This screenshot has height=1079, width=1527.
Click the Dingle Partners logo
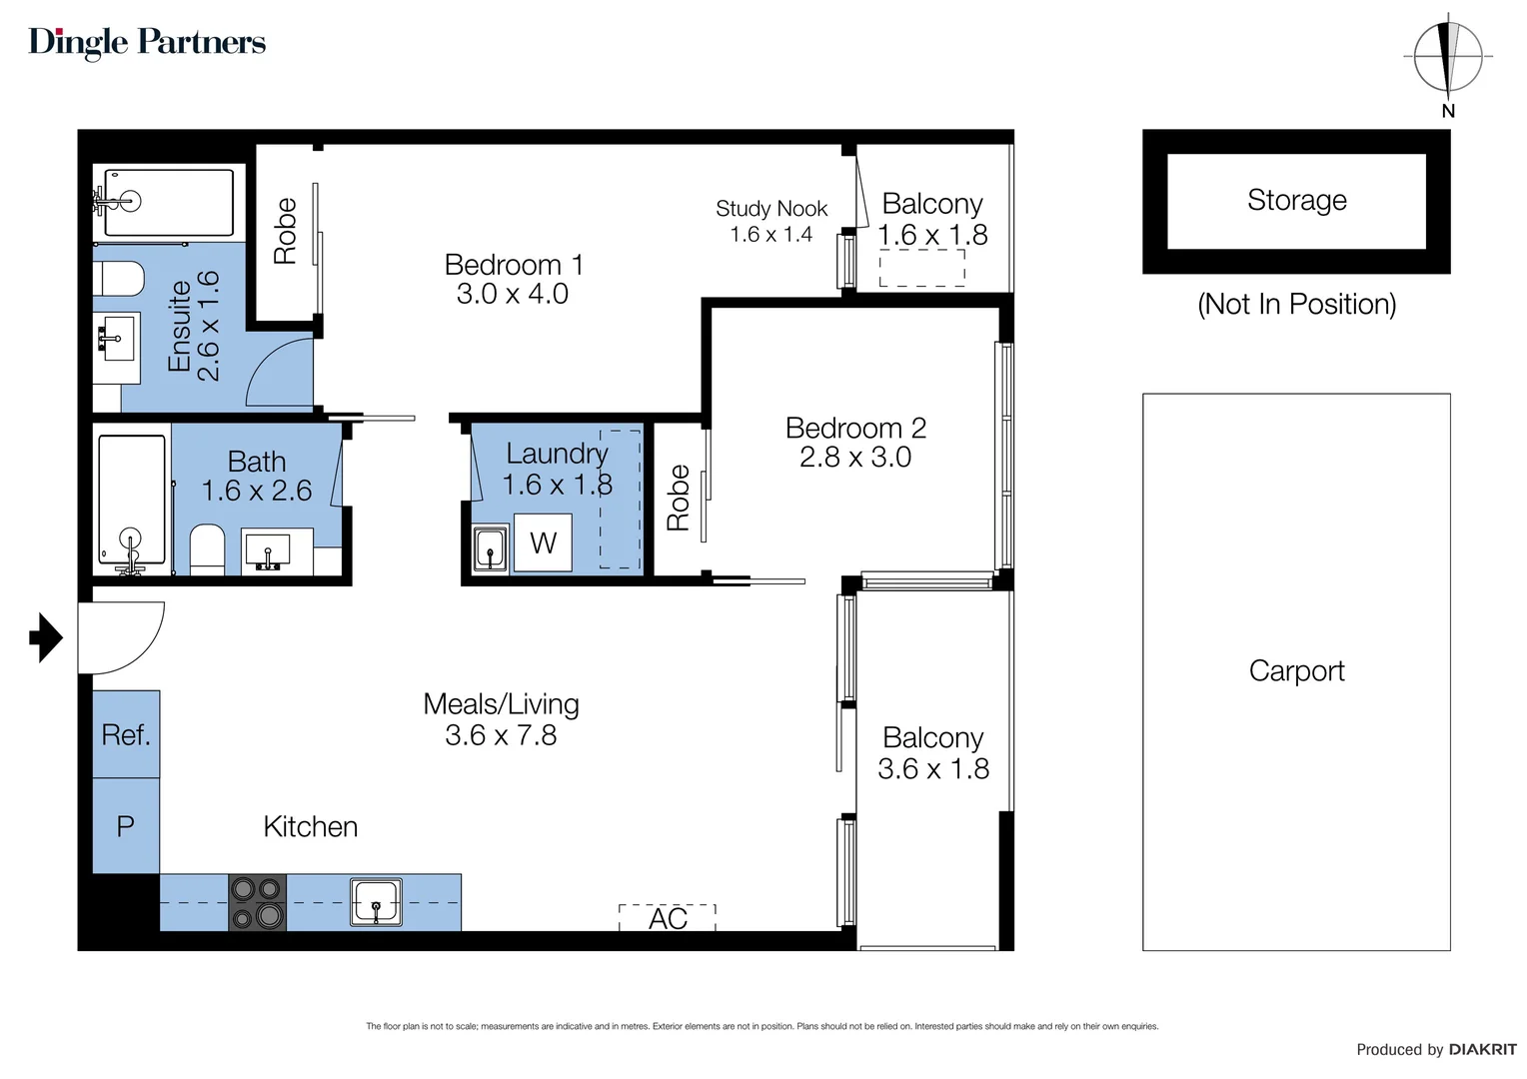[x=147, y=42]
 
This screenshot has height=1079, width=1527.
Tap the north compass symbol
[x=1447, y=57]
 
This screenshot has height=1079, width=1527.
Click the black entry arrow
[x=45, y=636]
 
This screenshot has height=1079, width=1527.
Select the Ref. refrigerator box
[x=126, y=734]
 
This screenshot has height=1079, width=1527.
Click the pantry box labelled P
[x=126, y=826]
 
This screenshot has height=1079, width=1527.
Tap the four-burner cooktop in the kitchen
[x=257, y=902]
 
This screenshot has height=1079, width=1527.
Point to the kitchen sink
[x=376, y=902]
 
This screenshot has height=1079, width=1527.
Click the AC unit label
[x=668, y=918]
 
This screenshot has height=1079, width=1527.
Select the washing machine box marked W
[x=543, y=542]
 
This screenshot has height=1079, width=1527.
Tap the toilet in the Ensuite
[x=120, y=279]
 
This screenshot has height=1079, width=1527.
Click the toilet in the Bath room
[x=207, y=548]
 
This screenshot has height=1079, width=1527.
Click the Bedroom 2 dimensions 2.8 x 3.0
[x=855, y=458]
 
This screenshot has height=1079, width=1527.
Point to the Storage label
[x=1296, y=200]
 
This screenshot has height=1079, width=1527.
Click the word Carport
[x=1296, y=670]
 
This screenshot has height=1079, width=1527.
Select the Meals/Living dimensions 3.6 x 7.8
[x=501, y=735]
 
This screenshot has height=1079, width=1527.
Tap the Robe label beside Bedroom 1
[x=285, y=232]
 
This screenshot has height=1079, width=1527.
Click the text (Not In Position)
[x=1296, y=304]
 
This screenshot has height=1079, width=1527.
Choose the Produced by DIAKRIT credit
[x=1435, y=1049]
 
